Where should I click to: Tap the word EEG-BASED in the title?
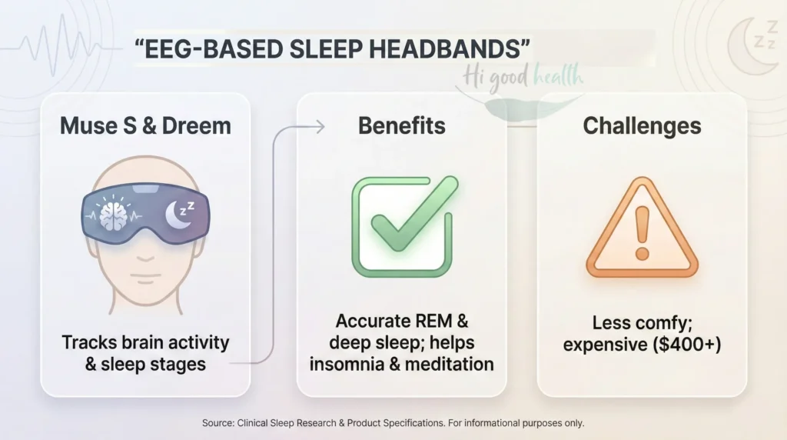[x=206, y=48]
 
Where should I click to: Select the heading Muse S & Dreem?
[x=145, y=126]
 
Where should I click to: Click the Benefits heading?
[x=401, y=126]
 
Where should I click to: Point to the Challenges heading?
[x=642, y=126]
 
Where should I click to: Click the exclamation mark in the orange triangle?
[x=642, y=229]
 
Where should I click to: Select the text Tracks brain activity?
[x=145, y=342]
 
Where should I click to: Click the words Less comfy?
[x=642, y=323]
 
